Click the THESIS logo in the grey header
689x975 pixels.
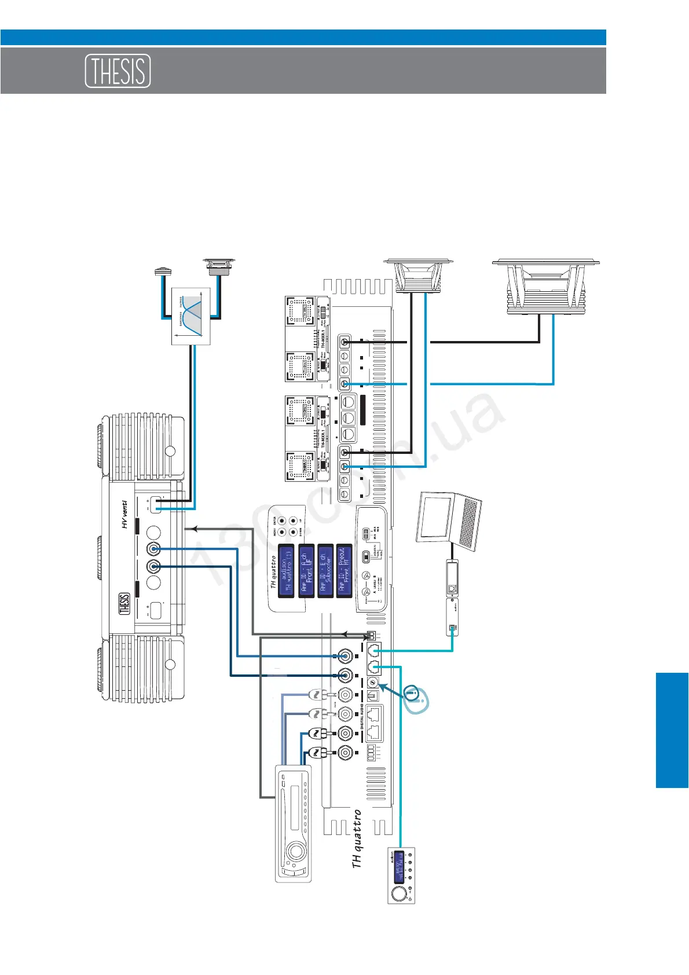pos(118,71)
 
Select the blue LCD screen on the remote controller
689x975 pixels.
pos(399,867)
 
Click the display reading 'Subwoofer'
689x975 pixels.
pos(325,570)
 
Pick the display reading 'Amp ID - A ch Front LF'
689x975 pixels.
pos(306,570)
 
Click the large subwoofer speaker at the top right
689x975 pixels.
pos(545,287)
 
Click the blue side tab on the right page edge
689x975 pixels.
pos(672,730)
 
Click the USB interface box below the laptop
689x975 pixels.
pos(452,596)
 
